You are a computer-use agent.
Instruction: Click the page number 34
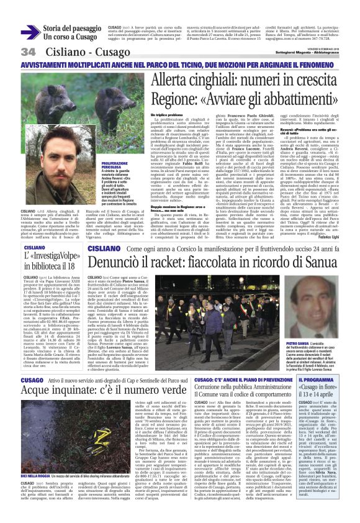pyautogui.click(x=28, y=51)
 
